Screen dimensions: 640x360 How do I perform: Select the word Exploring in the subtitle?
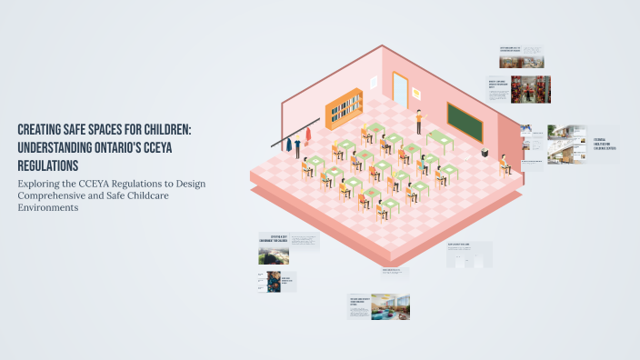(42, 183)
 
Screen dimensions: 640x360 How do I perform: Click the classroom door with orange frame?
(400, 88)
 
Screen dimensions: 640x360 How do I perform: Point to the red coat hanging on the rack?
(307, 136)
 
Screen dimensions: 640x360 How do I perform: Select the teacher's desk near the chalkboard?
(440, 139)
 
